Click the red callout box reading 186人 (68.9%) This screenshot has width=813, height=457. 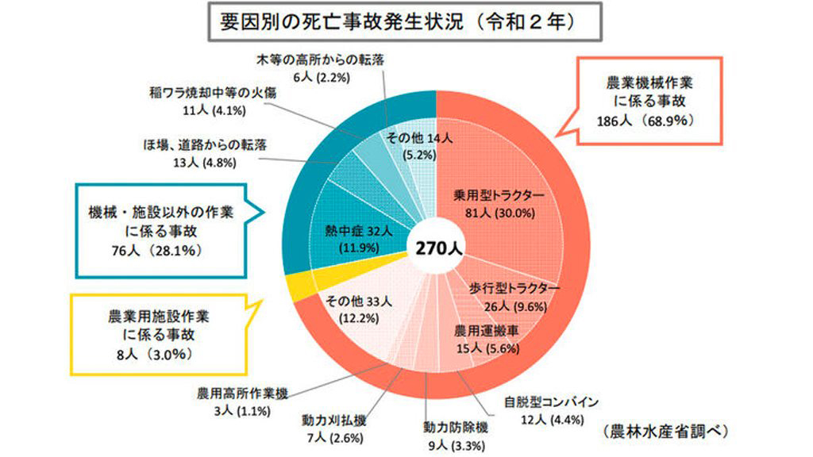[650, 100]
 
